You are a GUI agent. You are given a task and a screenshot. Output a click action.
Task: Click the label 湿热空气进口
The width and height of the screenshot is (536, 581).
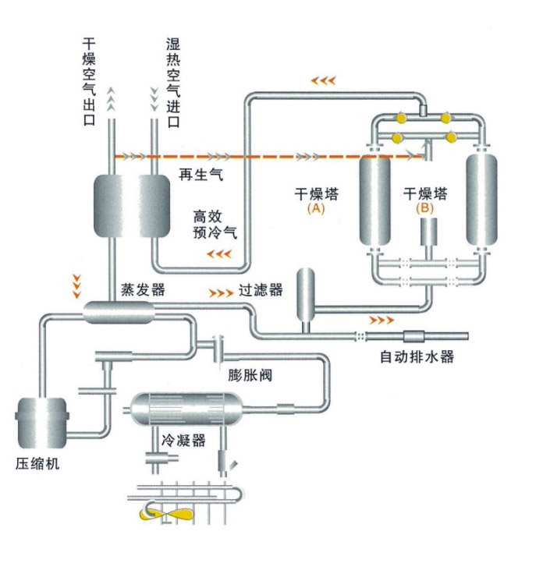tap(173, 83)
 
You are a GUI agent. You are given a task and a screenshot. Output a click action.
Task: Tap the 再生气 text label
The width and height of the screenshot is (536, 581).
tap(201, 175)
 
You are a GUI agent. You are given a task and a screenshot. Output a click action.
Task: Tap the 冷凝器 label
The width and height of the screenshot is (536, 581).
tap(183, 441)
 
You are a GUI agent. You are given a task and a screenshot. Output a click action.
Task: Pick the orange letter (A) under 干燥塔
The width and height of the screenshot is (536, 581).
tap(316, 208)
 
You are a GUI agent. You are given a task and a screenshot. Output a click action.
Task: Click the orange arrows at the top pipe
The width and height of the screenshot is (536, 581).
tap(324, 80)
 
